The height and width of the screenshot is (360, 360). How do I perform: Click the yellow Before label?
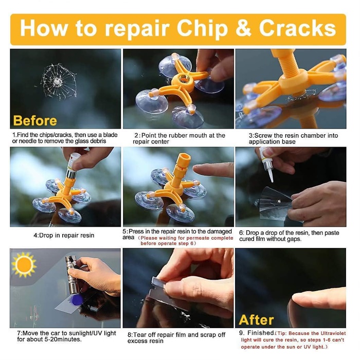coord(35,120)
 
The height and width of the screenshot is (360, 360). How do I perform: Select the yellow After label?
coord(256,320)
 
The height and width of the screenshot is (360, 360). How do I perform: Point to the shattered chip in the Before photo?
coord(59,81)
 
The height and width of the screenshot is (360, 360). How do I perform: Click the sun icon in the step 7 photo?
coord(24,265)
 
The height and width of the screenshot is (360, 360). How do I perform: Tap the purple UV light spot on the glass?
coord(77,300)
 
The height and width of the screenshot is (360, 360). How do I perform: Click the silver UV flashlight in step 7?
coord(72,275)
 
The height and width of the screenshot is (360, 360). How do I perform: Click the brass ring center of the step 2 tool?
coord(184,79)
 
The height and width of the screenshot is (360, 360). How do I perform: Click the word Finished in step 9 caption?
coord(261,333)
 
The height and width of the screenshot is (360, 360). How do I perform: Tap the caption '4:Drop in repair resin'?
coord(64,236)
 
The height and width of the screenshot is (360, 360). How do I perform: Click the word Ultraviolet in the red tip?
coord(333,333)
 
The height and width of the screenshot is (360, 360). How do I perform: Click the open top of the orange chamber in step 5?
coord(185,157)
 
